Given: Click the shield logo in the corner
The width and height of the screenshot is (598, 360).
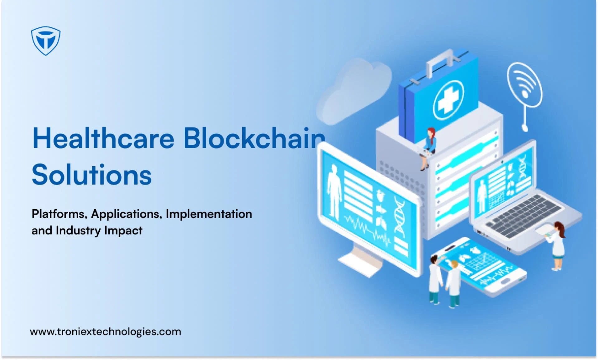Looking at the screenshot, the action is coord(46,40).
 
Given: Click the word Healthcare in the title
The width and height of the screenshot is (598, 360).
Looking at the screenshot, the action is coord(103,138).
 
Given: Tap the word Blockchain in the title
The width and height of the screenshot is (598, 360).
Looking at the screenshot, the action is coord(254,138).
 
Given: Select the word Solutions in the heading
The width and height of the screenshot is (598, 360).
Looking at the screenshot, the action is coord(92,174).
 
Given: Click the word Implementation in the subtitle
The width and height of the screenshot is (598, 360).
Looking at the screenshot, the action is coord(209,214).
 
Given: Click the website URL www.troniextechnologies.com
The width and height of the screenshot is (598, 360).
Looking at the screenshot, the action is coord(106,332).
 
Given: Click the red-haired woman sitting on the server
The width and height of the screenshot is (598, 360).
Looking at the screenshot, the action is coord(428,148).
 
